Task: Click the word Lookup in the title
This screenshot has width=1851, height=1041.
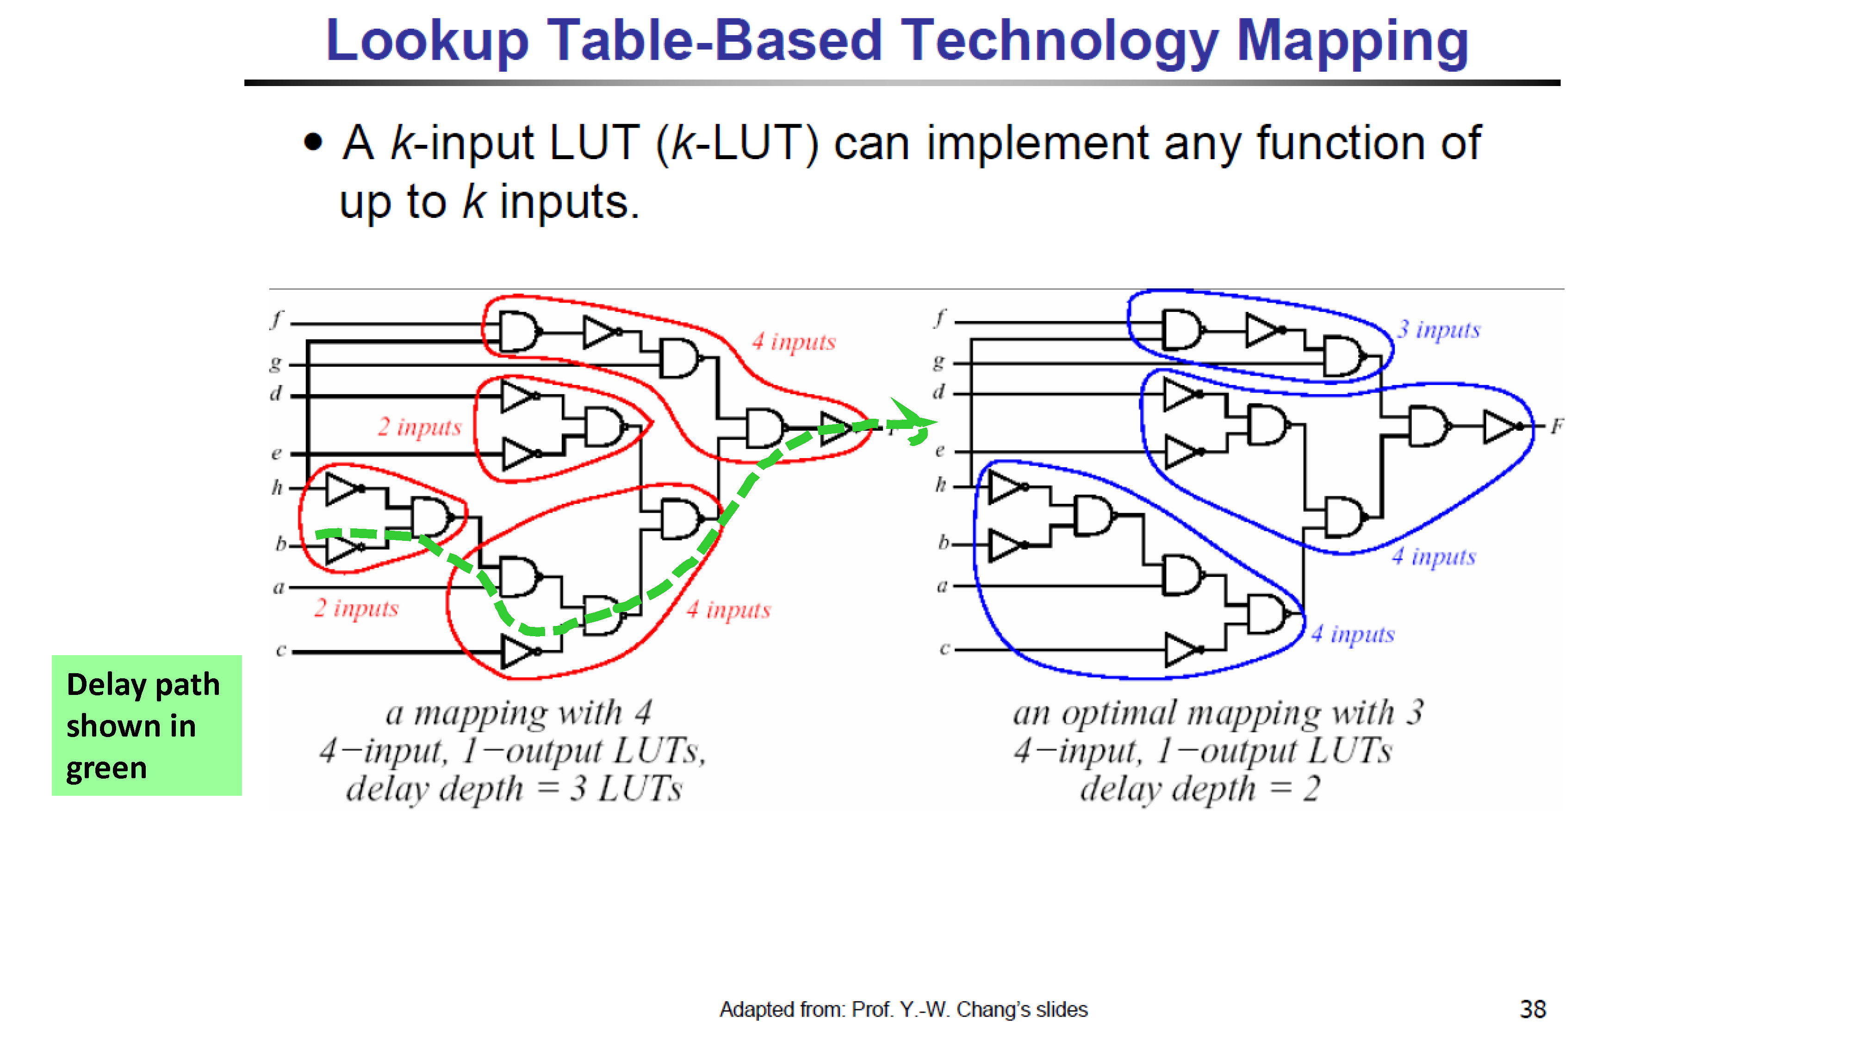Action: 428,41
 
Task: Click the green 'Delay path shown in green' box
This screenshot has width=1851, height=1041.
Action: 147,725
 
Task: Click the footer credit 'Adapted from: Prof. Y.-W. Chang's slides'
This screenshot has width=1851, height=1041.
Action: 903,1010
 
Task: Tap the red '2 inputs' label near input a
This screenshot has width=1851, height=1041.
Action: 356,608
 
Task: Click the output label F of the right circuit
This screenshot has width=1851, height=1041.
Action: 1556,427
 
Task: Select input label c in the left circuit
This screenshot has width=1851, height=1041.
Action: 281,650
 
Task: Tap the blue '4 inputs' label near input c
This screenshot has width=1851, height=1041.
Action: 1352,634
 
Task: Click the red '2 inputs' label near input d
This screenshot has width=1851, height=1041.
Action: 420,427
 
